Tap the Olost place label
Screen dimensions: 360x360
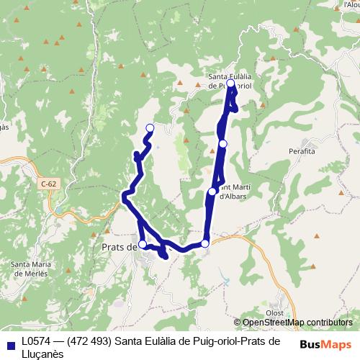pos(274,312)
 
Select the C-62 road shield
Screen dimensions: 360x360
pos(48,184)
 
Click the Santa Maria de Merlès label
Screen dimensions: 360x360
pos(30,269)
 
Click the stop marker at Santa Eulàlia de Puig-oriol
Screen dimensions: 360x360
pos(230,84)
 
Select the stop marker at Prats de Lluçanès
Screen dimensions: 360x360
pos(143,245)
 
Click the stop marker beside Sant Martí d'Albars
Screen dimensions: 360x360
pos(212,192)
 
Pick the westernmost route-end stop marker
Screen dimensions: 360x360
pos(150,128)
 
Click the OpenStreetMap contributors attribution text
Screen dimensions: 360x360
pos(297,322)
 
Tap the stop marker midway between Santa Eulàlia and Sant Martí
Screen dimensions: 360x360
pos(223,144)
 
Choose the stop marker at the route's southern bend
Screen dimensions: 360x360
pos(205,244)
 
